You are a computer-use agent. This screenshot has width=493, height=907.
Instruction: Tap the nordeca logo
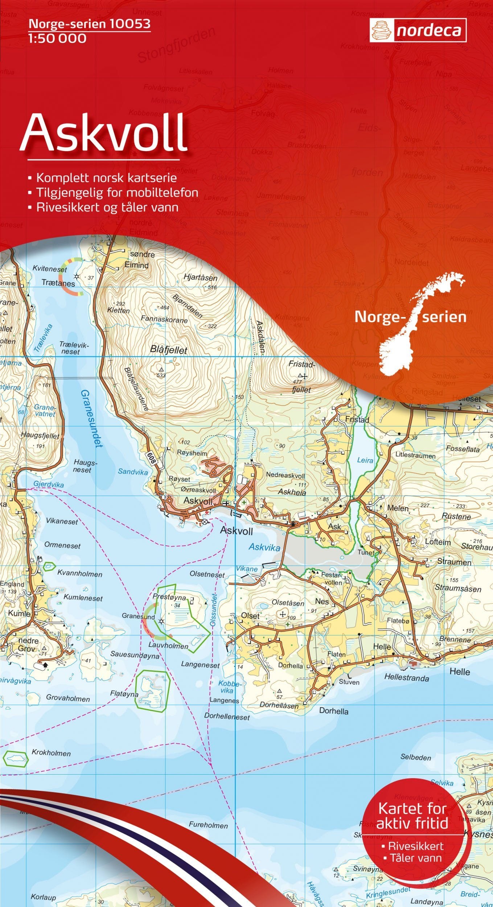click(418, 31)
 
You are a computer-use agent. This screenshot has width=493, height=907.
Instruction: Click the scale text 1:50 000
click(57, 38)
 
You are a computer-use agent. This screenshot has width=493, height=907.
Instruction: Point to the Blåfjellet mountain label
click(168, 350)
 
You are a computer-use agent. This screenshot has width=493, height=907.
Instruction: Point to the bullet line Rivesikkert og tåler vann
click(107, 207)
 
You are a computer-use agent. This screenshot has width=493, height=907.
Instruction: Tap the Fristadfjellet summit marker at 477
click(300, 375)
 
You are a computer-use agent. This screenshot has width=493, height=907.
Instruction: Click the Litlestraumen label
click(415, 455)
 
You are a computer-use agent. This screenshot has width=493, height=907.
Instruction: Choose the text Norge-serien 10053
click(89, 24)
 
